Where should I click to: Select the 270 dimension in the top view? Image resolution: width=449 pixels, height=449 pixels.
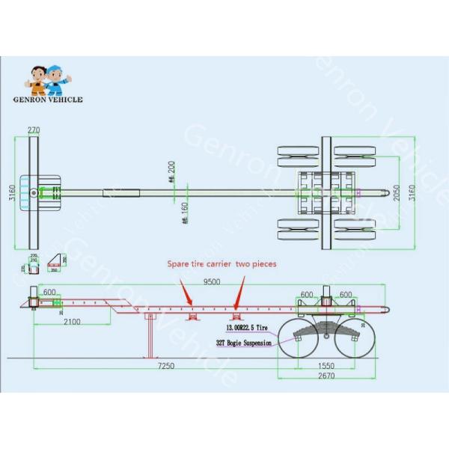pos(34,130)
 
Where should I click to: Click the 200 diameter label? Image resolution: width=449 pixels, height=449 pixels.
pos(171,173)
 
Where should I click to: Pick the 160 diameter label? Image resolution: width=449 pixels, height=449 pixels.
pos(185,213)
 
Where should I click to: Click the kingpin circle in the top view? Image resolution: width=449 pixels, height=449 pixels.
pos(34,193)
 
